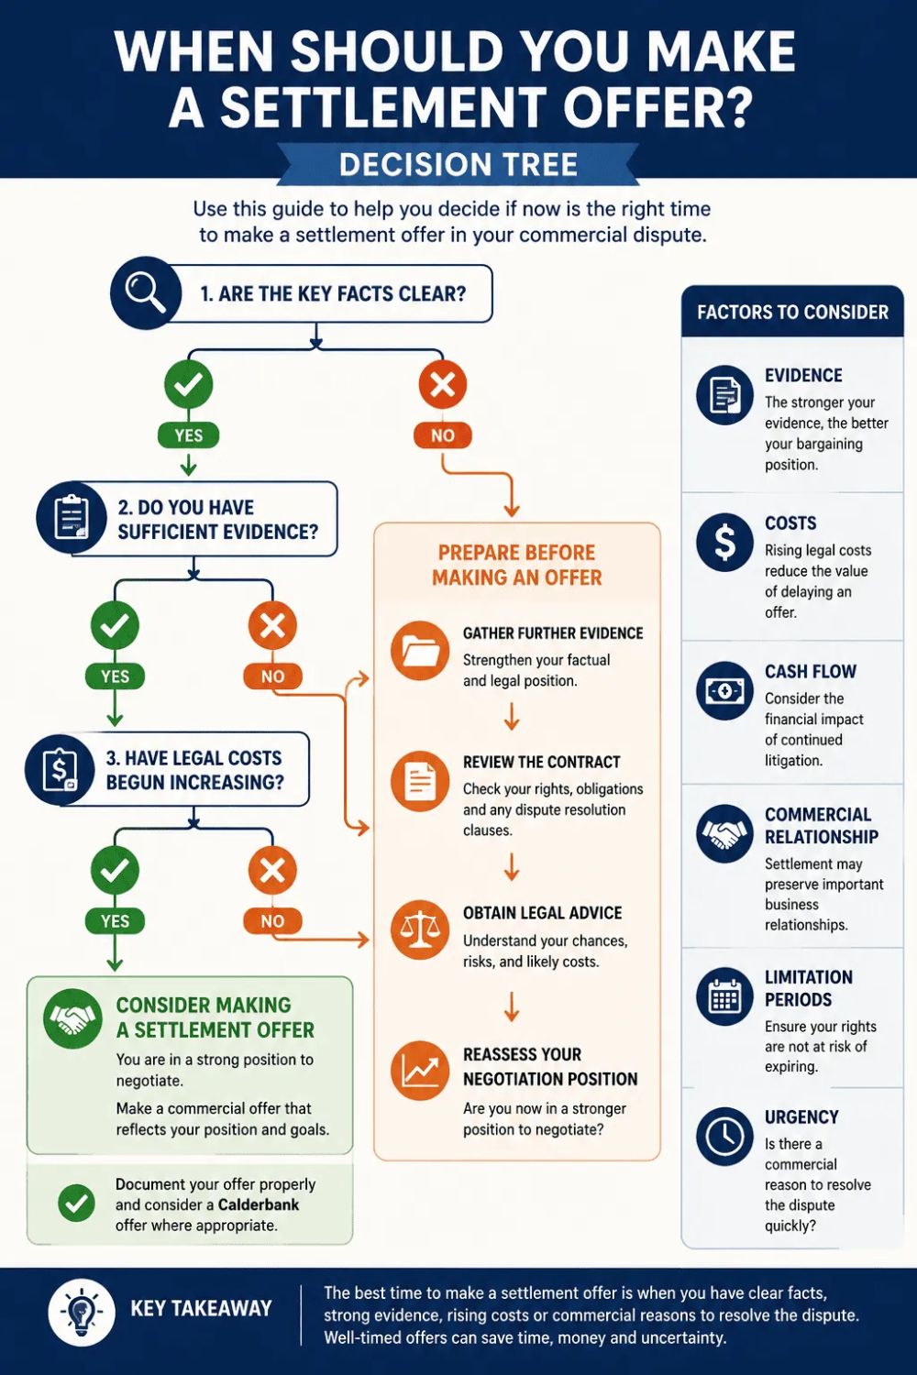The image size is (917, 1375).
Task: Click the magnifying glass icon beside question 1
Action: pos(146,292)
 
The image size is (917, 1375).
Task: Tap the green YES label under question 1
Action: pos(189,435)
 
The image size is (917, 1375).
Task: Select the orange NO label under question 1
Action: pos(442,435)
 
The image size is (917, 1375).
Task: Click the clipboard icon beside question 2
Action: pos(72,519)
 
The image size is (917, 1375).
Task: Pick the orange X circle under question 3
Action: pos(272,870)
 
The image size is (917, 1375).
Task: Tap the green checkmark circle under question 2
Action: pos(115,625)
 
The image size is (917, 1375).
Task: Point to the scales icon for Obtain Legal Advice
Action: pos(420,930)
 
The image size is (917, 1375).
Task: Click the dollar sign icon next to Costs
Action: pos(724,542)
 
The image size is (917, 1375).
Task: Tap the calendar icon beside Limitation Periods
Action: pos(724,996)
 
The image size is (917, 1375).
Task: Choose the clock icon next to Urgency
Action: pos(724,1136)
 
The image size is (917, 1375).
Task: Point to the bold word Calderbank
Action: pos(259,1204)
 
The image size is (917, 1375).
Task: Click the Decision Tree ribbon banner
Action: pos(458,164)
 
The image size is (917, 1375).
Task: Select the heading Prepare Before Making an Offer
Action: pos(516,565)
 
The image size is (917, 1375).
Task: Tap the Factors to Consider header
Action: pos(792,312)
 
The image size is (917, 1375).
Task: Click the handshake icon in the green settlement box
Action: pos(72,1018)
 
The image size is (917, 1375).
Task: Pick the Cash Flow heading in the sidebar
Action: pos(810,671)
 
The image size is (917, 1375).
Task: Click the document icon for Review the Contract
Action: pos(420,780)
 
